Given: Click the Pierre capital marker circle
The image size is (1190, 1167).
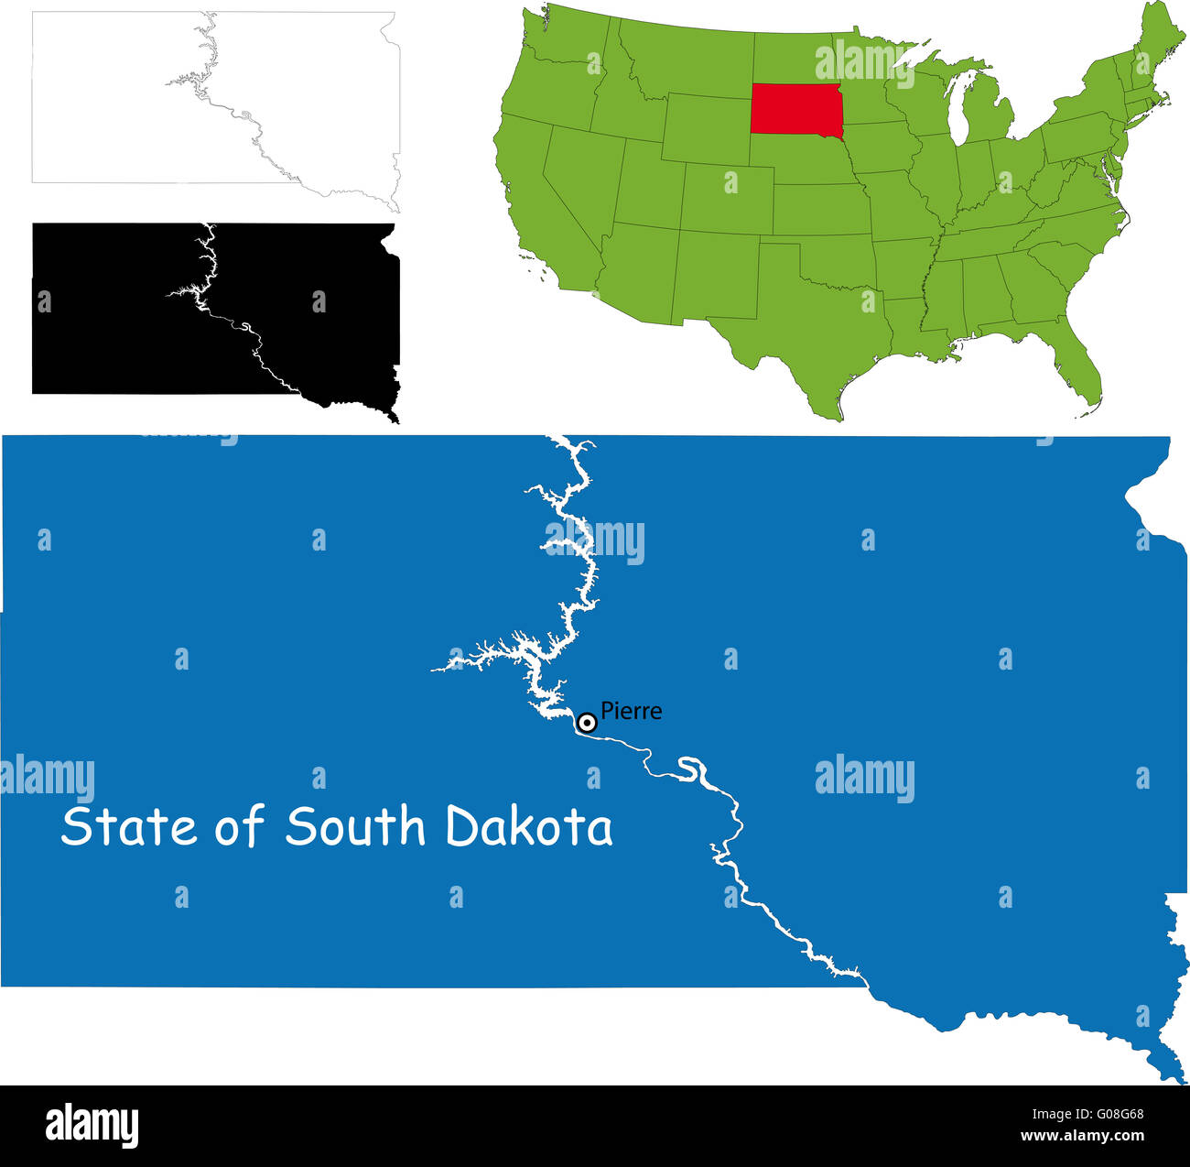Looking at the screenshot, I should (x=588, y=723).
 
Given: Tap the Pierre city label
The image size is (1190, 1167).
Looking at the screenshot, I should (x=631, y=711).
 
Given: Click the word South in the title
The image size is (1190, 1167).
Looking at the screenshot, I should (x=355, y=826).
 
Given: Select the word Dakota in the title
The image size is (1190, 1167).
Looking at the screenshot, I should (x=529, y=826).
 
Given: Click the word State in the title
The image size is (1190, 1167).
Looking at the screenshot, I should (x=129, y=826).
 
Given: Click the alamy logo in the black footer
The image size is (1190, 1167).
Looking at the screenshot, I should (x=92, y=1125).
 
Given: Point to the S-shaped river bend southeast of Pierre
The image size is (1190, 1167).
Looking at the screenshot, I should (x=693, y=771).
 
